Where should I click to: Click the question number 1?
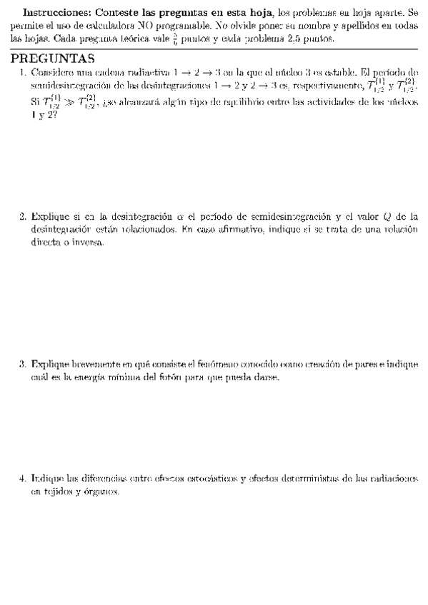pos(23,72)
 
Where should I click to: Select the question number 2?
pos(23,216)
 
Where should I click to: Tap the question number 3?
pos(23,365)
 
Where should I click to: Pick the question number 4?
pos(23,477)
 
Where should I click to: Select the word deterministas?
pos(302,477)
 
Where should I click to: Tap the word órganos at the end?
pos(101,492)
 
